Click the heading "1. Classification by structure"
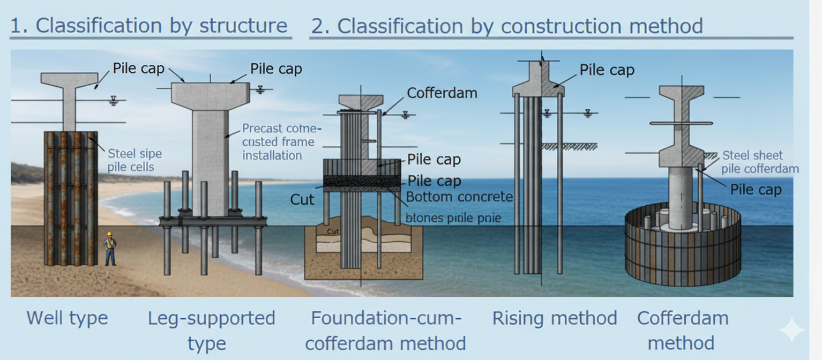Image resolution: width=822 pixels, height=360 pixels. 149,26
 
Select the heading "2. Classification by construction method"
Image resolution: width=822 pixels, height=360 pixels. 506,26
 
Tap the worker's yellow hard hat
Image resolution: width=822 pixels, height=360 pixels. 109,235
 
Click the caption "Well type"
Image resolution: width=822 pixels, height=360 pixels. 68,318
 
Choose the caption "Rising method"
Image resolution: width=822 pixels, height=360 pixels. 555,318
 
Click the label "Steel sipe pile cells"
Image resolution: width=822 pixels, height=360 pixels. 134,160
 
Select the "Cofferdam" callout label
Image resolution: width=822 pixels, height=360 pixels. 442,93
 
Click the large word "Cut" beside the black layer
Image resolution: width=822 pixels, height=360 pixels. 302,199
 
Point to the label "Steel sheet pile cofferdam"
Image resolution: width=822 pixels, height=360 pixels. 760,162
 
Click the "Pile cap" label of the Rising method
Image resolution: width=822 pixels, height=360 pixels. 607,70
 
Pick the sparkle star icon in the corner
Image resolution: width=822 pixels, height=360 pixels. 791,330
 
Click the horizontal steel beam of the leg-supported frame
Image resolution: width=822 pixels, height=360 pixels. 213,221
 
